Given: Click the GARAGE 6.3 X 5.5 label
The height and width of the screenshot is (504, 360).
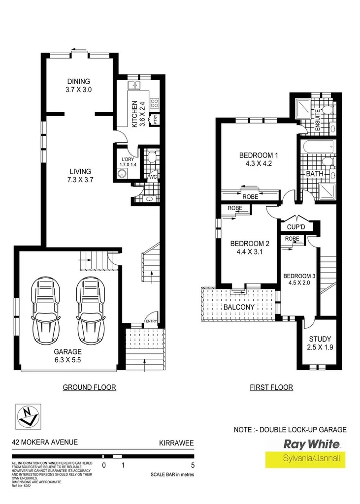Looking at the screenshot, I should tap(68, 356).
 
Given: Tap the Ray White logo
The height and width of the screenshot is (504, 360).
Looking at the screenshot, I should tap(311, 444).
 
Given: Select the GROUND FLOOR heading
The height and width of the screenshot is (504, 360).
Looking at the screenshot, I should tap(89, 387).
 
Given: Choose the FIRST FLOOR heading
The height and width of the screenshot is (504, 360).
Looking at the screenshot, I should tap(271, 387).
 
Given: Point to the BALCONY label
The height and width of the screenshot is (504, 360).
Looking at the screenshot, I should tap(239, 307).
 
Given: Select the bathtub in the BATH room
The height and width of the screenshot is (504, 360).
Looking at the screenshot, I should tap(319, 147).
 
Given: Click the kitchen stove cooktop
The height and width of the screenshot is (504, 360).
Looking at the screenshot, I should tap(153, 103).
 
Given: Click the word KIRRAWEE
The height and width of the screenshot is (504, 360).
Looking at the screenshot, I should tap(176, 442).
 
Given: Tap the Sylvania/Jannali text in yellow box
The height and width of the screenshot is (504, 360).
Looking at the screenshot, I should tap(311, 459).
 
